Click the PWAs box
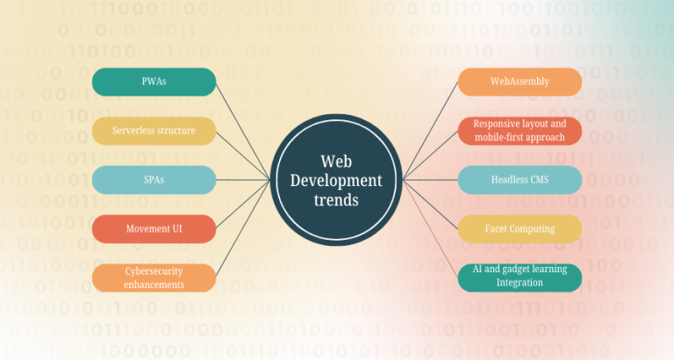pos(154,82)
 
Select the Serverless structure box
pos(154,131)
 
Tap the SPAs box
pos(154,180)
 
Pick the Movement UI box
pos(154,229)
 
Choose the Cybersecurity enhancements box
pos(154,277)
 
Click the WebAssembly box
pos(520,82)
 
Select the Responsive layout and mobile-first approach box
pos(520,131)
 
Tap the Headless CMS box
pos(520,180)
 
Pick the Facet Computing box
pos(520,229)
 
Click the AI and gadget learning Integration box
pos(520,277)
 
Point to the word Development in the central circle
pos(336,181)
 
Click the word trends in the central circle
pos(336,200)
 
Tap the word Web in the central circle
pos(336,162)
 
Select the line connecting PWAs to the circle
pos(243,132)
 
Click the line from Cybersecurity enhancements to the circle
pos(243,228)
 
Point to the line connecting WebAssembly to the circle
pos(430,131)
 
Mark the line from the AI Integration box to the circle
pos(430,229)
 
